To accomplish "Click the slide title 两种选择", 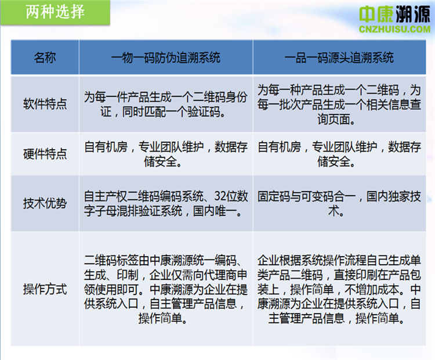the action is (x=55, y=12).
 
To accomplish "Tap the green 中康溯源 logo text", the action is (x=394, y=14).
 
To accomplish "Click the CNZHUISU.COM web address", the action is (x=394, y=29).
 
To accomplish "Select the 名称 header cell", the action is (x=45, y=57).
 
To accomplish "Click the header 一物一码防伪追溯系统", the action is (x=166, y=57).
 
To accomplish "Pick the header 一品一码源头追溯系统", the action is (x=339, y=57).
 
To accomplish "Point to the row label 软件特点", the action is (x=45, y=104).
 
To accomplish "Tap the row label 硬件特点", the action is (x=45, y=154).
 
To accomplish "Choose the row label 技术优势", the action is (x=45, y=203).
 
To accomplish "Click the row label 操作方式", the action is (x=45, y=289).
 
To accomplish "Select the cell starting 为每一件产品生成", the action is (x=166, y=104).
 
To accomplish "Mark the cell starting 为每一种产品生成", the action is (x=339, y=105).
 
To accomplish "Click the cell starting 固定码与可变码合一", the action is (x=339, y=204).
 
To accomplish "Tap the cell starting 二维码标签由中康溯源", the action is (x=166, y=289).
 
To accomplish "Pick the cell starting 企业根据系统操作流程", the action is (x=339, y=289).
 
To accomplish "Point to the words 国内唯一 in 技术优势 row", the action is (x=215, y=211).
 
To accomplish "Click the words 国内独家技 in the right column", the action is (x=394, y=196).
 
